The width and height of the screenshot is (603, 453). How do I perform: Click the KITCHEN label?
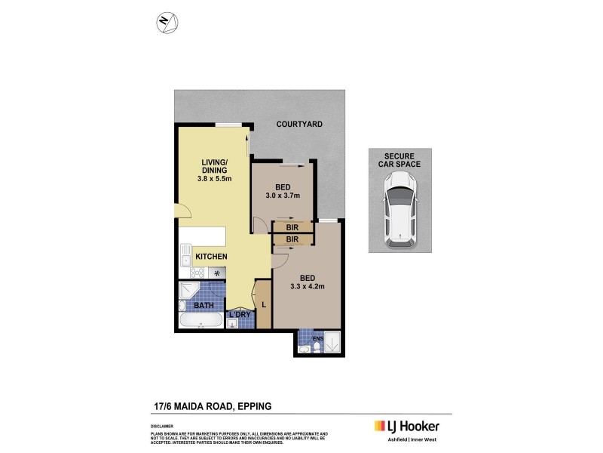click(211, 257)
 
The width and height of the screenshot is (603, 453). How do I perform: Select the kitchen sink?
click(185, 255)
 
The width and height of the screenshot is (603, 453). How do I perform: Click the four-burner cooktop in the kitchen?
click(186, 273)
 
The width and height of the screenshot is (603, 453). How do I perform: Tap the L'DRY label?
click(240, 314)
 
